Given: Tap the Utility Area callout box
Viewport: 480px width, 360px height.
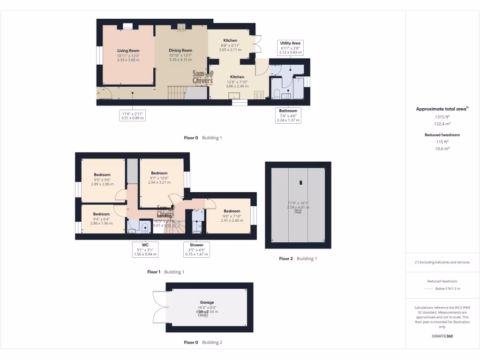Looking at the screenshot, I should tap(290, 47).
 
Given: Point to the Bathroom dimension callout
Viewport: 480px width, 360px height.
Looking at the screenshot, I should tap(288, 115).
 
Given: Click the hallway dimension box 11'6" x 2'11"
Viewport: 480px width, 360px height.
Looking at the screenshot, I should tap(133, 116).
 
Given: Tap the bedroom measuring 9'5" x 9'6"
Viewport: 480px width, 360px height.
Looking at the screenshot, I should tap(102, 180).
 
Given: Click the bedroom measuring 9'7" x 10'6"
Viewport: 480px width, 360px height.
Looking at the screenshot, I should tap(159, 178).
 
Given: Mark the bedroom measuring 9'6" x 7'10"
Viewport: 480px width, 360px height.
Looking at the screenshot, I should tap(232, 216).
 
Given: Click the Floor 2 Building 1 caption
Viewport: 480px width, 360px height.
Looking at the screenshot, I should tap(298, 259).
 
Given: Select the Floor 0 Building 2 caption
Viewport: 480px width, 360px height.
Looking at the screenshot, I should tap(203, 343).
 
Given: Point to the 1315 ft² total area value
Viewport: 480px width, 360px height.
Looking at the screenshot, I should tap(442, 117).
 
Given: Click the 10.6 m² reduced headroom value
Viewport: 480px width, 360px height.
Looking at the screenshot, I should tap(442, 148).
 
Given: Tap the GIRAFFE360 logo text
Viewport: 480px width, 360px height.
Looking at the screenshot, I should tap(442, 336).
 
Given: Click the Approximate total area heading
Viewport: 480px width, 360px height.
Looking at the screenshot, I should tap(442, 109).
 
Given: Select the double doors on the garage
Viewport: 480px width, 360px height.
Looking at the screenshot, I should tap(159, 307).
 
